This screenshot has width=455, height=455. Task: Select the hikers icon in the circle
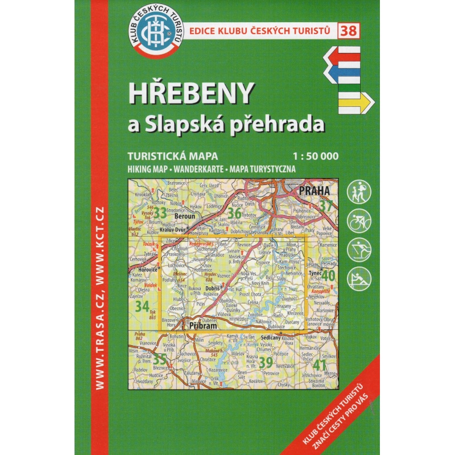point(360,191)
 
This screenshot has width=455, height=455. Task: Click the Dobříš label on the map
point(212,289)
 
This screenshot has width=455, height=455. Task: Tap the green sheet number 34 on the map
point(142,306)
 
